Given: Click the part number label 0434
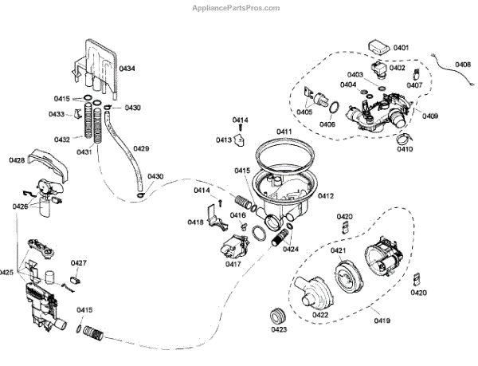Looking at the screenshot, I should click(127, 69).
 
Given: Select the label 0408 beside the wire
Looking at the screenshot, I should click(463, 65).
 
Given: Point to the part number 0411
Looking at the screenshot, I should click(283, 130).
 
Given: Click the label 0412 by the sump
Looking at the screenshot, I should click(325, 195).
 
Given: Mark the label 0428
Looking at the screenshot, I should click(17, 160).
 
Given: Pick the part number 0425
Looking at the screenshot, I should click(6, 273).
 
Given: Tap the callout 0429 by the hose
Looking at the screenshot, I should click(141, 148).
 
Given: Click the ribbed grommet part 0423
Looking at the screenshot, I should click(279, 312).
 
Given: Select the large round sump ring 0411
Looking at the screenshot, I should click(280, 154).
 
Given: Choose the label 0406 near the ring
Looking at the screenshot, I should click(327, 124).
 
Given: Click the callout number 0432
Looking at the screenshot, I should click(61, 140).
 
